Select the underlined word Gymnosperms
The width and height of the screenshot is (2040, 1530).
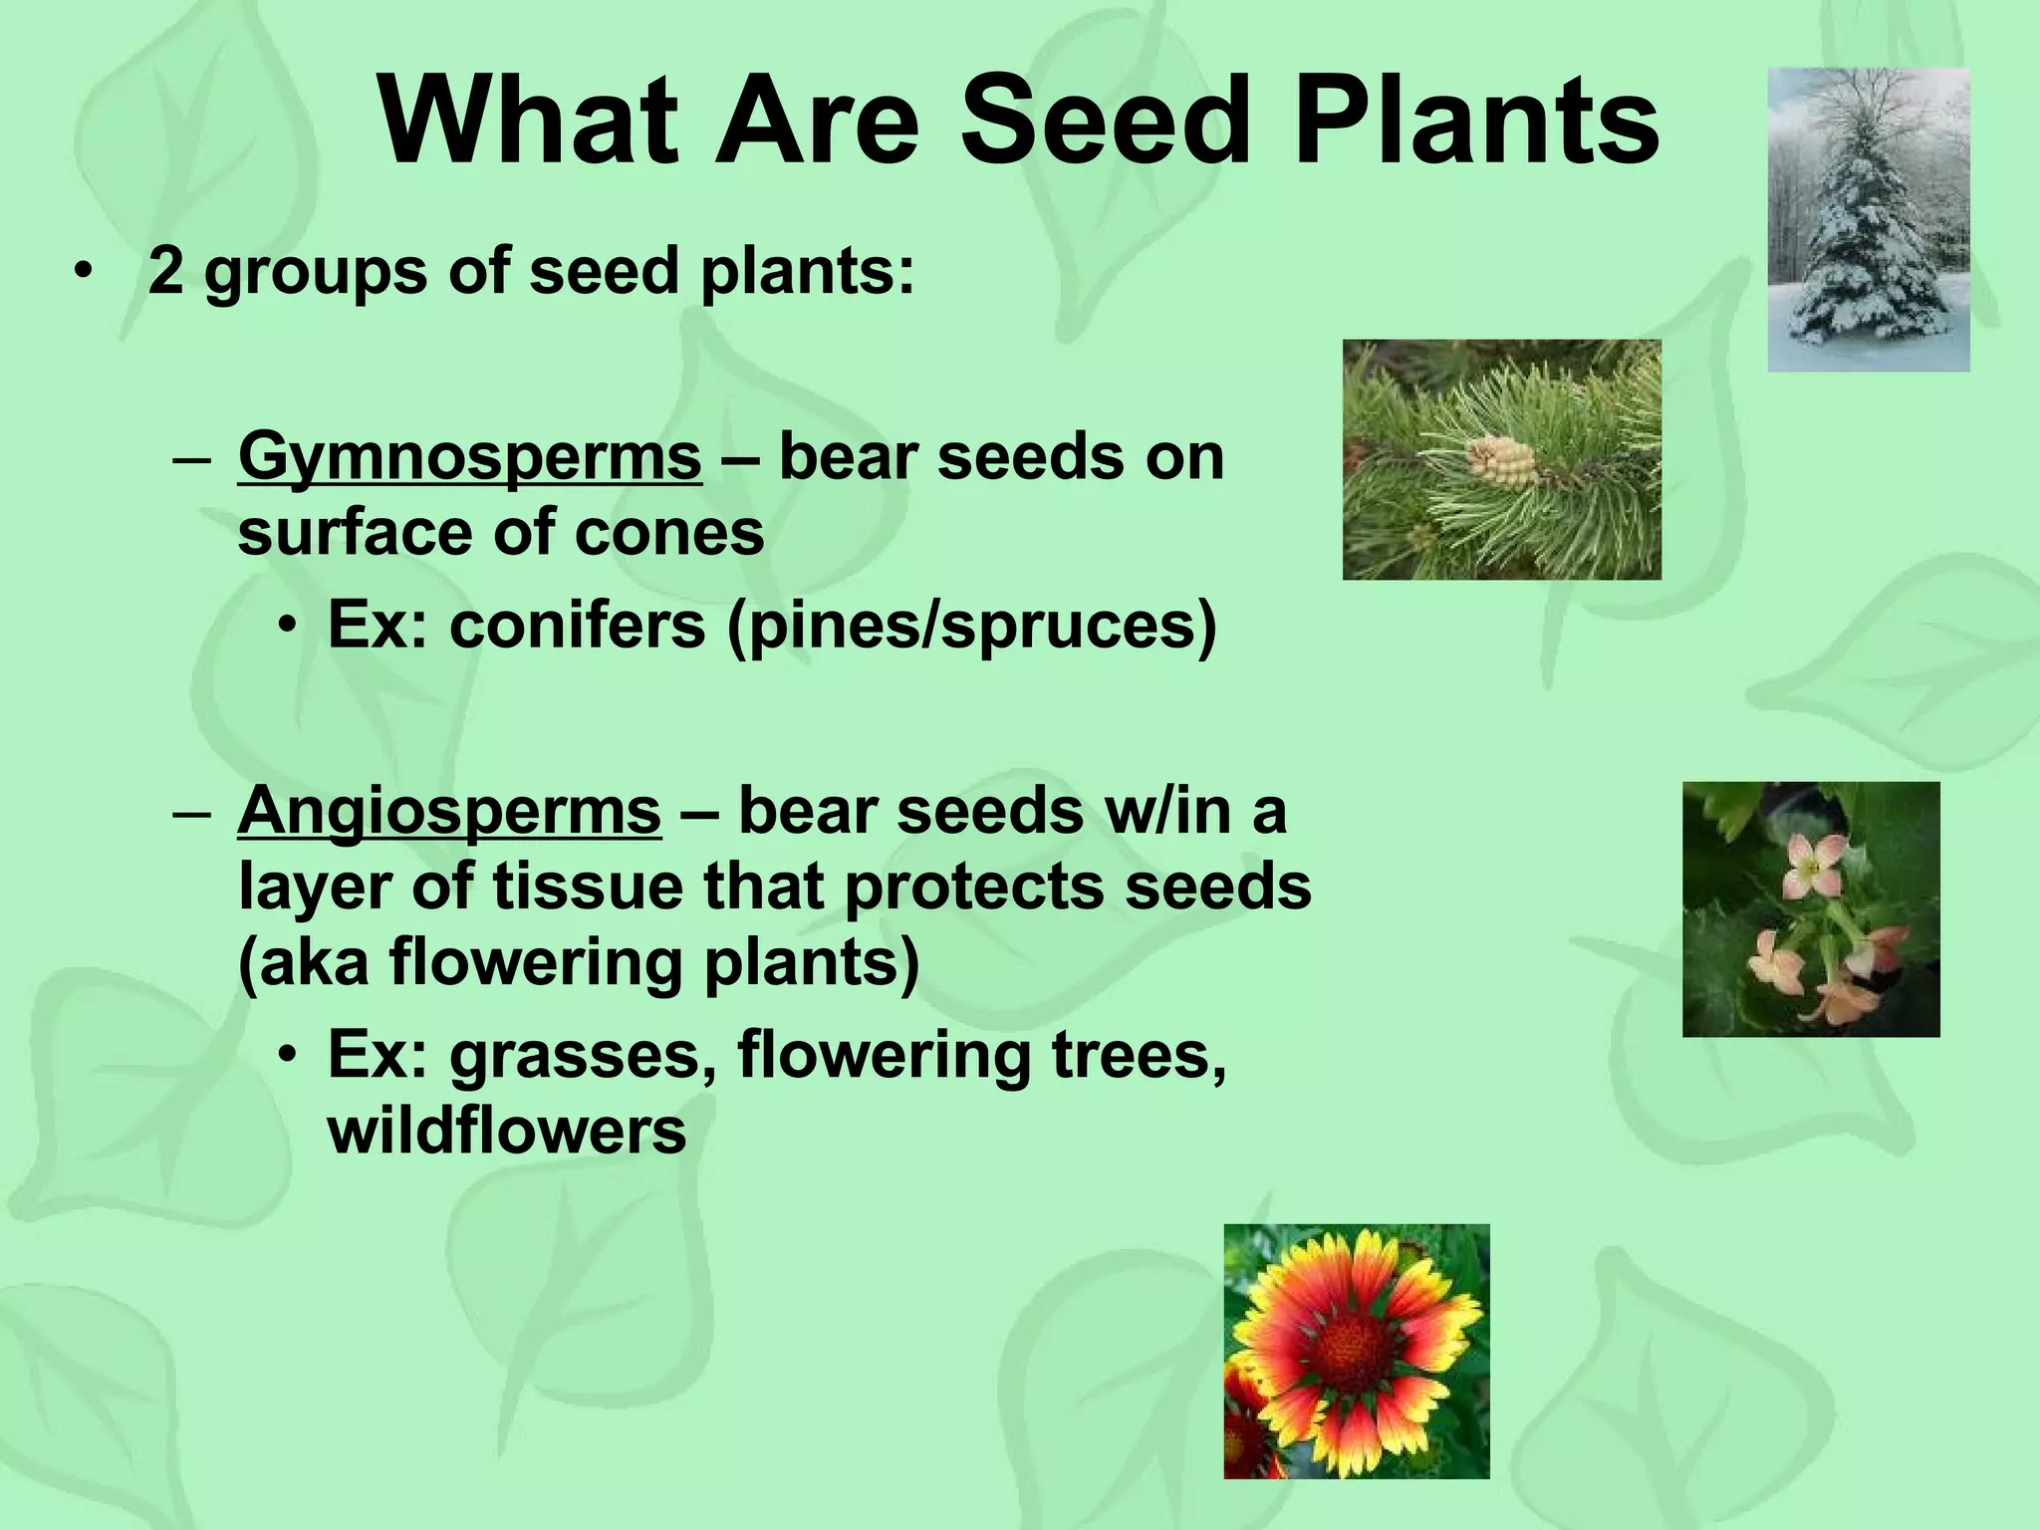pyautogui.click(x=469, y=459)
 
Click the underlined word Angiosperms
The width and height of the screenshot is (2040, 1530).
pyautogui.click(x=449, y=813)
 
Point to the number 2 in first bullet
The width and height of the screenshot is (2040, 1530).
pyautogui.click(x=165, y=271)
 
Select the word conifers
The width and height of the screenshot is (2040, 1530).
pyautogui.click(x=577, y=626)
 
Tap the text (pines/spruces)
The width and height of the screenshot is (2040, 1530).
pyautogui.click(x=972, y=628)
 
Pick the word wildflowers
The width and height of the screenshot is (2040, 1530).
pyautogui.click(x=507, y=1132)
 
